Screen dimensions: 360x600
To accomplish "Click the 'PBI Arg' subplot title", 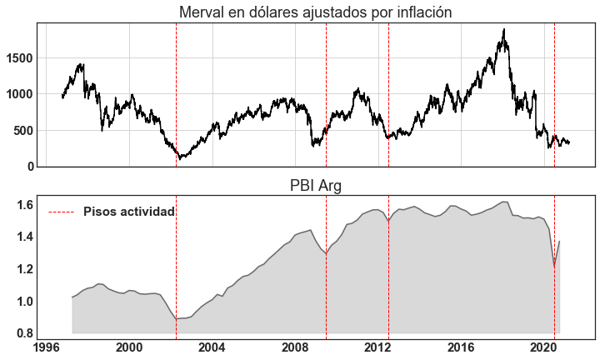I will tap(315, 185).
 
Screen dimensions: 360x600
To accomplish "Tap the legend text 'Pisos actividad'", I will tap(129, 212).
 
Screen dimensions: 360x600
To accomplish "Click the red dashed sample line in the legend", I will tap(62, 212).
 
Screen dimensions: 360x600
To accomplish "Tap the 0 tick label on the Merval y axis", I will tap(30, 167).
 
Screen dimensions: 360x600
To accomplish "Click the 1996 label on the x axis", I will tap(47, 347).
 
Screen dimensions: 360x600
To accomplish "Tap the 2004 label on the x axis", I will tap(212, 347).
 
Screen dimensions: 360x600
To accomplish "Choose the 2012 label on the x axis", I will tap(377, 347).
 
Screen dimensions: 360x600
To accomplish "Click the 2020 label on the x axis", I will tap(543, 347).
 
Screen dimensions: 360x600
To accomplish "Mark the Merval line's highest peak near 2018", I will tap(504, 30).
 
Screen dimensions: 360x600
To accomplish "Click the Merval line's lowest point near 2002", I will tap(179, 157).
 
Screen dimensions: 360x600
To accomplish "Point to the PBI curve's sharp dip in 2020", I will tap(555, 267).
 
